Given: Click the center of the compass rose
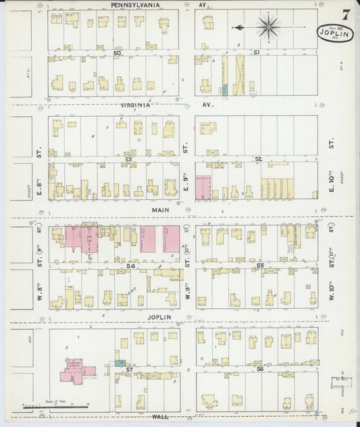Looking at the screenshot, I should click(268, 28).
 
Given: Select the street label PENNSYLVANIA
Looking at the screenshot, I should click(136, 4).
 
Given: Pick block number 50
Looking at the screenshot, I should click(117, 53).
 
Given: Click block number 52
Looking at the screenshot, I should click(257, 159).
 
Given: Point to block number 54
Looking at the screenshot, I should click(130, 268).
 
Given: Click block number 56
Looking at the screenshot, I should click(260, 370).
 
